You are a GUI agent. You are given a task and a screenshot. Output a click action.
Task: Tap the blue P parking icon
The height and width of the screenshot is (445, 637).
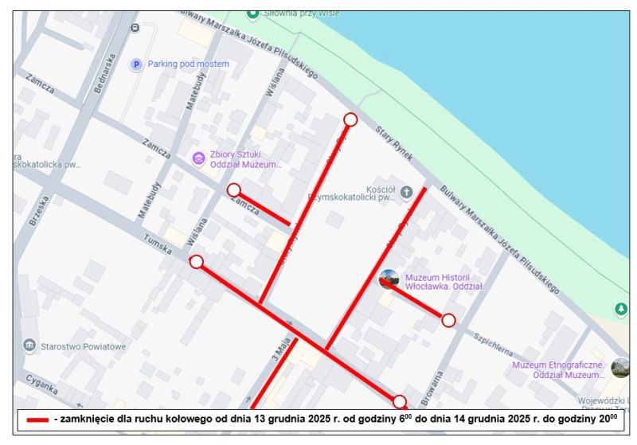(x=136, y=64)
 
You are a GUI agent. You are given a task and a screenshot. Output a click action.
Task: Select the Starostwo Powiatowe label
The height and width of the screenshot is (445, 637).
(x=83, y=346)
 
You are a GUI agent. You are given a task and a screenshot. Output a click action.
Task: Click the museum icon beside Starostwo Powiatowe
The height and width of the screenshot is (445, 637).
(x=29, y=345)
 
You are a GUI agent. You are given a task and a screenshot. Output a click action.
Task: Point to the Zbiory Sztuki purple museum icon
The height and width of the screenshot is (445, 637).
(x=199, y=159)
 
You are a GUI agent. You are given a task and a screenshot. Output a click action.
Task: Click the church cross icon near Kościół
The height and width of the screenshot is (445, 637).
(x=406, y=192)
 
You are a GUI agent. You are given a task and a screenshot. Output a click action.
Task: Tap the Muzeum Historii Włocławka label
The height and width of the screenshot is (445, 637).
(x=444, y=282)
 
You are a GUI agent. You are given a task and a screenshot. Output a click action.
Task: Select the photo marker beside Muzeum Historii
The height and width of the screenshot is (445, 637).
(x=389, y=279)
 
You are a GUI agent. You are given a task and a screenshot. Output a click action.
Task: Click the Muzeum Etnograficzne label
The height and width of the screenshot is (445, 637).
(x=558, y=369)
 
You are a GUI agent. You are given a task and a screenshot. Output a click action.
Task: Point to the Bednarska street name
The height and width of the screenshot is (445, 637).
(x=105, y=73)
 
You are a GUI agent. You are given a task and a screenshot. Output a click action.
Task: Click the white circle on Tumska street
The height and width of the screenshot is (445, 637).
(x=197, y=262)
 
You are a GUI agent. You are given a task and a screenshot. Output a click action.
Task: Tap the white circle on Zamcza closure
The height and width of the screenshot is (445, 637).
(x=233, y=189)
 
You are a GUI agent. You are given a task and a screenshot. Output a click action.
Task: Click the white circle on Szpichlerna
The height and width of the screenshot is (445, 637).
(x=448, y=320)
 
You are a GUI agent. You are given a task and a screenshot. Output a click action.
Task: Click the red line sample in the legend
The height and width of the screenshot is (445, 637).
(x=37, y=420)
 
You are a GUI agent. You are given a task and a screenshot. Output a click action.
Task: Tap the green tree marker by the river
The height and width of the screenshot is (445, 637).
(x=621, y=309)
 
